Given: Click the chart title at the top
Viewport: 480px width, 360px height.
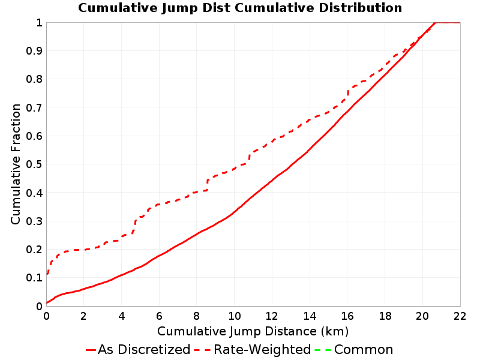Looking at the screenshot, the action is click(x=240, y=8).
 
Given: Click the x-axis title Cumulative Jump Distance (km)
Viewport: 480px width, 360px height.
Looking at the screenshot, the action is click(x=253, y=331).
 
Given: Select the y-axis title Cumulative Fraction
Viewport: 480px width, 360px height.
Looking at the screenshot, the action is click(x=16, y=164).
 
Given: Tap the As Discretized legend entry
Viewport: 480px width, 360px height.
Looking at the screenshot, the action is click(x=138, y=350).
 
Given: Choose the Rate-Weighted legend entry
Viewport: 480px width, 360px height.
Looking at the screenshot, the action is click(x=253, y=350).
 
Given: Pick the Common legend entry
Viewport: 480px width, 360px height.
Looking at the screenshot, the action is click(x=354, y=350).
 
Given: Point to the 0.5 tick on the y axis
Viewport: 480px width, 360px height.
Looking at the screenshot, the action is click(x=34, y=164).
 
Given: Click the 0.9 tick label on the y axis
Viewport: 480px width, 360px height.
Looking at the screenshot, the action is click(x=34, y=51).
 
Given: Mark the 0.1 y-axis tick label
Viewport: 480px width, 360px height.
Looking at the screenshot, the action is click(x=34, y=278).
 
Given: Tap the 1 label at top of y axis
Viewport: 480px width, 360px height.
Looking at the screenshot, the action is click(x=39, y=23).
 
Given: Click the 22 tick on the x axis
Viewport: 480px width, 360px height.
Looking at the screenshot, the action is click(x=460, y=316).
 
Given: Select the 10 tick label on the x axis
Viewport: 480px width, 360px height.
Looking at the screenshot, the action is click(x=235, y=316).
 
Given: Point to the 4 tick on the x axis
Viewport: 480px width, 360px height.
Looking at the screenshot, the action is click(x=122, y=316).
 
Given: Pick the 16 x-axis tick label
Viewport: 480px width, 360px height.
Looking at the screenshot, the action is click(x=347, y=316).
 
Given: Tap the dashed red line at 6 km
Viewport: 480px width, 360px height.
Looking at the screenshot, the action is click(x=159, y=204).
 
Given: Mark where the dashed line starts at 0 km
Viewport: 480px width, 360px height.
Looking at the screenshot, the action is click(x=47, y=274).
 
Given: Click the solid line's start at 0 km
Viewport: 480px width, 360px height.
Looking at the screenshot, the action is click(x=47, y=303).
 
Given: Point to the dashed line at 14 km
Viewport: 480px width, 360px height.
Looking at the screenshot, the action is click(x=310, y=119).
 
